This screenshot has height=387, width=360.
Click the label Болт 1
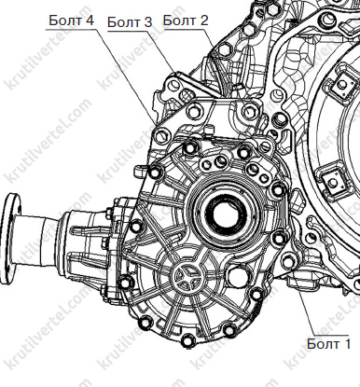pyautogui.click(x=328, y=344)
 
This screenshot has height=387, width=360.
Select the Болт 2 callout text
pyautogui.click(x=186, y=21)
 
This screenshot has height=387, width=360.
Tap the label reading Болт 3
pyautogui.click(x=130, y=22)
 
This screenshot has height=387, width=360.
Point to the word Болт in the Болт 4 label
pyautogui.click(x=63, y=21)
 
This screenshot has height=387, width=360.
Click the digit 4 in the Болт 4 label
pyautogui.click(x=90, y=21)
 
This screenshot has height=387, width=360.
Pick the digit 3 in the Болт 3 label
pyautogui.click(x=148, y=22)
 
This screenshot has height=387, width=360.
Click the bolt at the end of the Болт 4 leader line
pyautogui.click(x=163, y=135)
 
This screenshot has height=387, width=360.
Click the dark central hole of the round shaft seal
pyautogui.click(x=226, y=214)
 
